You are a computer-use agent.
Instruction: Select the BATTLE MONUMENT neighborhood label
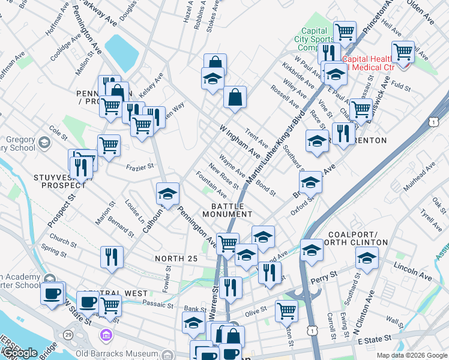pos(227,209)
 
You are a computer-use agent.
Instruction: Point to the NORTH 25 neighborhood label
pos(175,259)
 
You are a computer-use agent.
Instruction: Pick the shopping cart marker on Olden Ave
pos(402,52)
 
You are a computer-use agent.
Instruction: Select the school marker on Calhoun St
pos(168,193)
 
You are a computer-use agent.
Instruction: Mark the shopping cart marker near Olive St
pos(286,311)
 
